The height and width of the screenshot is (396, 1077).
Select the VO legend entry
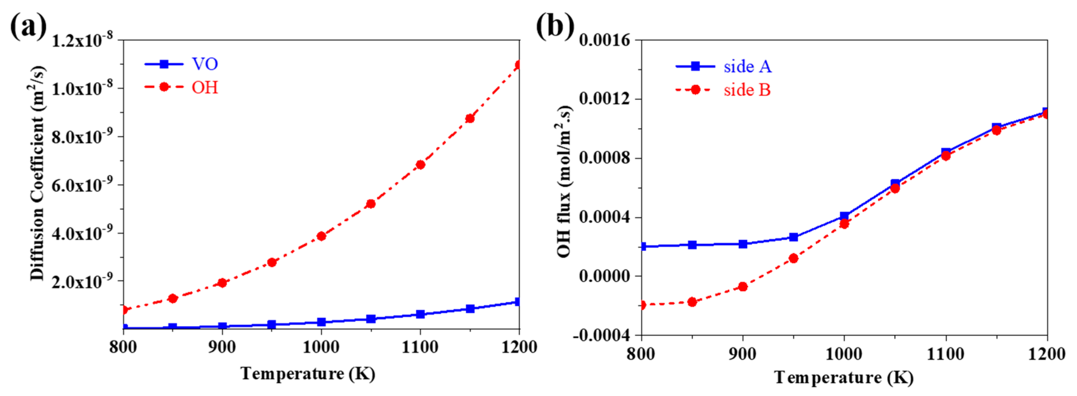(x=204, y=64)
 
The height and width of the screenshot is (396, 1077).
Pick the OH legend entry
(x=204, y=88)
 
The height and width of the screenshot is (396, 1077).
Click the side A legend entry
(x=747, y=66)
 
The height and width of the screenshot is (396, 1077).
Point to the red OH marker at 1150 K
(x=470, y=118)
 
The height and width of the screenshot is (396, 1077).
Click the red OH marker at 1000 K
(x=321, y=236)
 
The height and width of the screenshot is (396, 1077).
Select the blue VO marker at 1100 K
(x=420, y=314)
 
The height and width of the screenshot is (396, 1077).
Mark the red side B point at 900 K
(x=742, y=287)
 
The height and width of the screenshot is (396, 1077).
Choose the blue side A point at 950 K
(x=794, y=237)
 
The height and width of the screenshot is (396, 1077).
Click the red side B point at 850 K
(x=692, y=302)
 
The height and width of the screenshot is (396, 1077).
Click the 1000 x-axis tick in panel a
(x=321, y=347)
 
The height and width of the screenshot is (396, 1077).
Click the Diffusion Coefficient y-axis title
(x=38, y=173)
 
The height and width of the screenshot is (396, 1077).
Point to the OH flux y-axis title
(x=565, y=181)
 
